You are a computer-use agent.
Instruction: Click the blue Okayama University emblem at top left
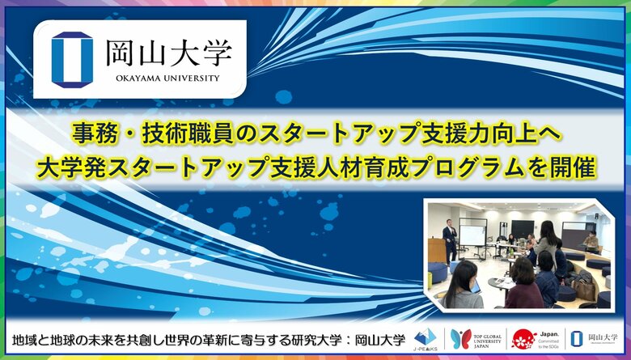tap(72, 59)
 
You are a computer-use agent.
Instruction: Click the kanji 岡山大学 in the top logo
tap(168, 53)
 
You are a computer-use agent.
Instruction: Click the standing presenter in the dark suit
tap(451, 239)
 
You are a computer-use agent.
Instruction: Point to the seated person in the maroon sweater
tap(523, 289)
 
